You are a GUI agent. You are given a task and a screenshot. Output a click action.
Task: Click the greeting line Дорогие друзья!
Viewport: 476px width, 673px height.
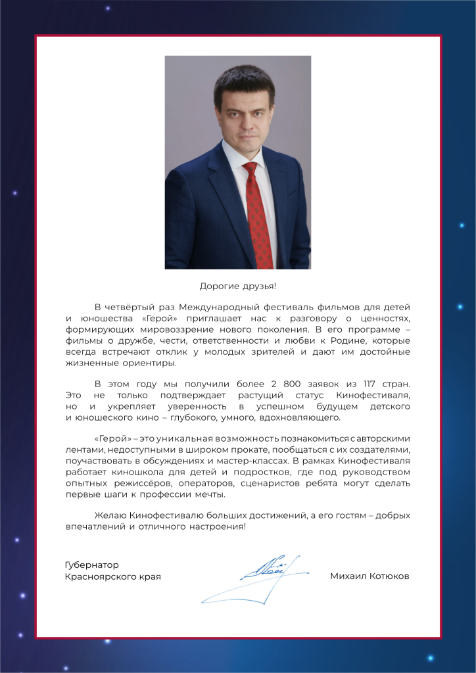(237, 286)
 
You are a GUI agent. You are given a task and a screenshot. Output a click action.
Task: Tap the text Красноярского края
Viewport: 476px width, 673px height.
(112, 576)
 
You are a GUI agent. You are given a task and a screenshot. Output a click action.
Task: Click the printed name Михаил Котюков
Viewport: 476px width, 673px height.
(369, 576)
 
